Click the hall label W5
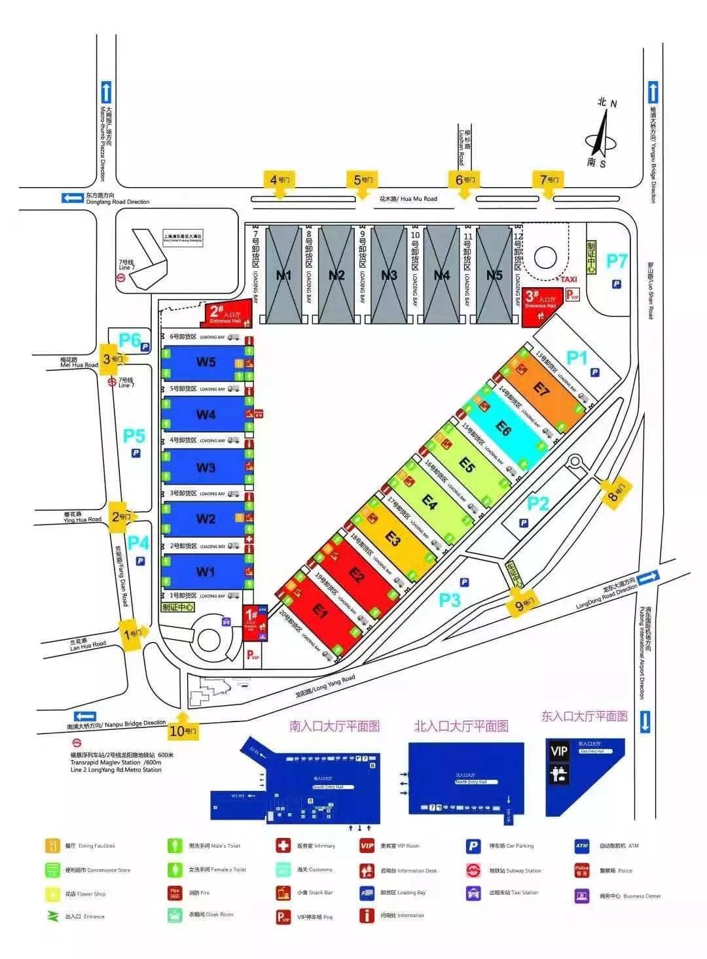pos(206,362)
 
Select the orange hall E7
pos(541,389)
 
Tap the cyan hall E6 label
pos(503,428)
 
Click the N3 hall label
pos(389,275)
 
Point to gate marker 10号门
pos(183,731)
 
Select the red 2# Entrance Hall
pos(225,313)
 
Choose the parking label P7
pos(617,261)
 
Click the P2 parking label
pos(538,503)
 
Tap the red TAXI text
pos(568,279)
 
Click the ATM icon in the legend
pos(581,846)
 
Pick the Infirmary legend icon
pos(283,845)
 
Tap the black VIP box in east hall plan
pos(558,750)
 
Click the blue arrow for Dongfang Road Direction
pos(72,197)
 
